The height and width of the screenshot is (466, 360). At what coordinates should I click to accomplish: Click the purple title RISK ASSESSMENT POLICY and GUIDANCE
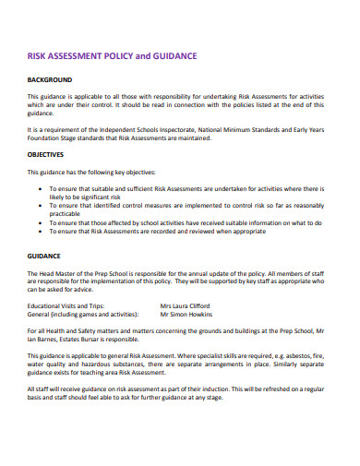coord(112,56)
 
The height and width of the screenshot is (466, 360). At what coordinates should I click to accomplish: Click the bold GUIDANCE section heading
coord(43,256)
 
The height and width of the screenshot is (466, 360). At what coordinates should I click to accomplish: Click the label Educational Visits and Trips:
coord(66,304)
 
